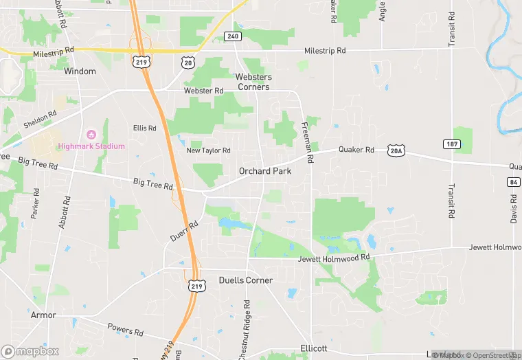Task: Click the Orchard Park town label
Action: coord(264,171)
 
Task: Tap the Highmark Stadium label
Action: coord(91,146)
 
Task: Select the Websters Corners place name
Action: coord(253,82)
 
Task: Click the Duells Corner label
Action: coord(245,280)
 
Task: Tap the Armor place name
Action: coord(43,315)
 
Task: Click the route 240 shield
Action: coord(233,36)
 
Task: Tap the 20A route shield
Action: coord(396,150)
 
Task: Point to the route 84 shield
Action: coord(514,182)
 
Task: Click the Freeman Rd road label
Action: coord(307,142)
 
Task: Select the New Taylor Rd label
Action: coord(209,150)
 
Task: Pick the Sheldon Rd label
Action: coord(40,120)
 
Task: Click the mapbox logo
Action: coord(30,351)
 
